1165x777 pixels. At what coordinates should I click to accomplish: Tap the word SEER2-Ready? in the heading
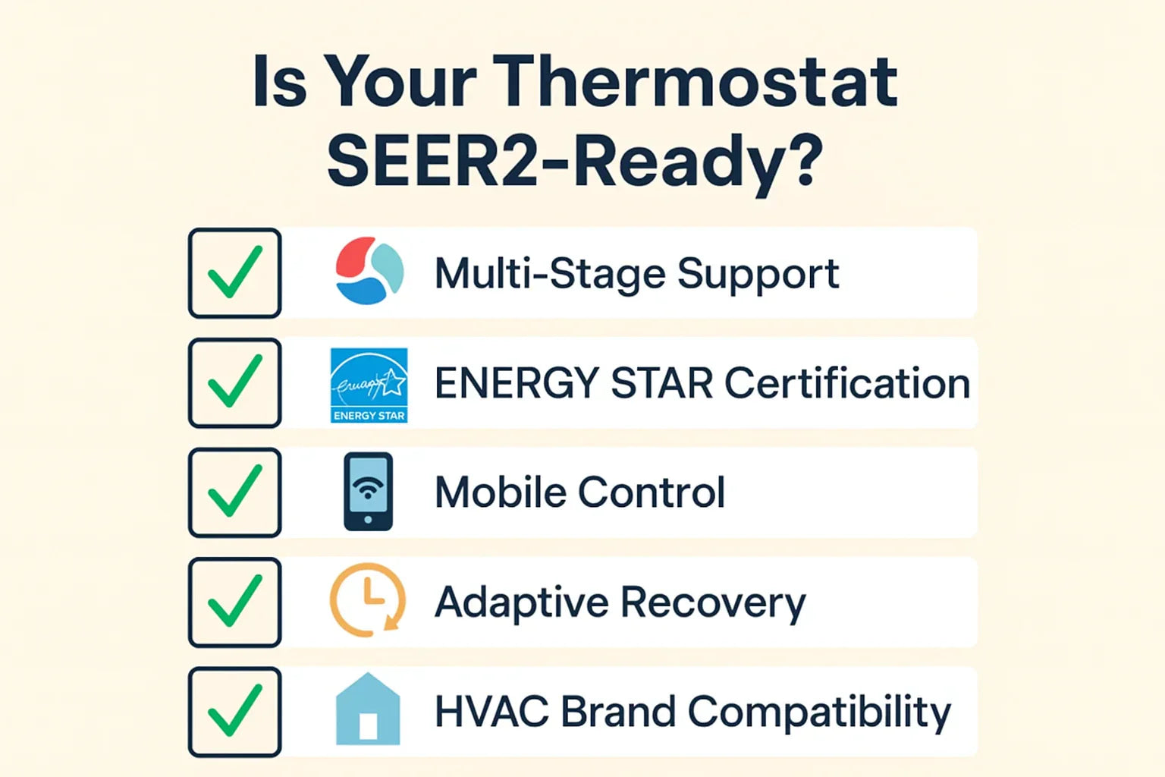(x=574, y=161)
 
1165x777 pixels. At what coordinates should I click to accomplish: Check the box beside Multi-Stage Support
(x=234, y=273)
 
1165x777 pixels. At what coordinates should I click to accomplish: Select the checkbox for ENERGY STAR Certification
(x=234, y=383)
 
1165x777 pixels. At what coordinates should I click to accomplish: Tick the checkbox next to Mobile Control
(x=234, y=492)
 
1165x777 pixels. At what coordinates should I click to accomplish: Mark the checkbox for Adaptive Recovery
(x=234, y=602)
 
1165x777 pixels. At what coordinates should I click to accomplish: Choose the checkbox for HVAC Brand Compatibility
(x=234, y=712)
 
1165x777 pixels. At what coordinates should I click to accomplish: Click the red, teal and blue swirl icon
(x=369, y=271)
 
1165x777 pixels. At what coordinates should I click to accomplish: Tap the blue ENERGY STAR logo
(x=369, y=385)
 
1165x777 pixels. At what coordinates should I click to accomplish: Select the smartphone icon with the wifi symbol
(x=368, y=492)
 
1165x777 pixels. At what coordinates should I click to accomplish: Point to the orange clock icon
(x=368, y=599)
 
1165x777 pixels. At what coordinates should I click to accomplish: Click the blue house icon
(x=368, y=709)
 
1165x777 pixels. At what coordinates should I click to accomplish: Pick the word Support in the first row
(x=758, y=275)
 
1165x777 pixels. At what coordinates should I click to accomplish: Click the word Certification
(x=847, y=383)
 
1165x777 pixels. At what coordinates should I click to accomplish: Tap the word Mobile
(x=501, y=492)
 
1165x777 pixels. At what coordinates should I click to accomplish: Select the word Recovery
(x=713, y=604)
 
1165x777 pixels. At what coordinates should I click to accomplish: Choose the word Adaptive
(x=521, y=604)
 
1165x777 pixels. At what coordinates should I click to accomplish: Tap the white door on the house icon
(x=368, y=725)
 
